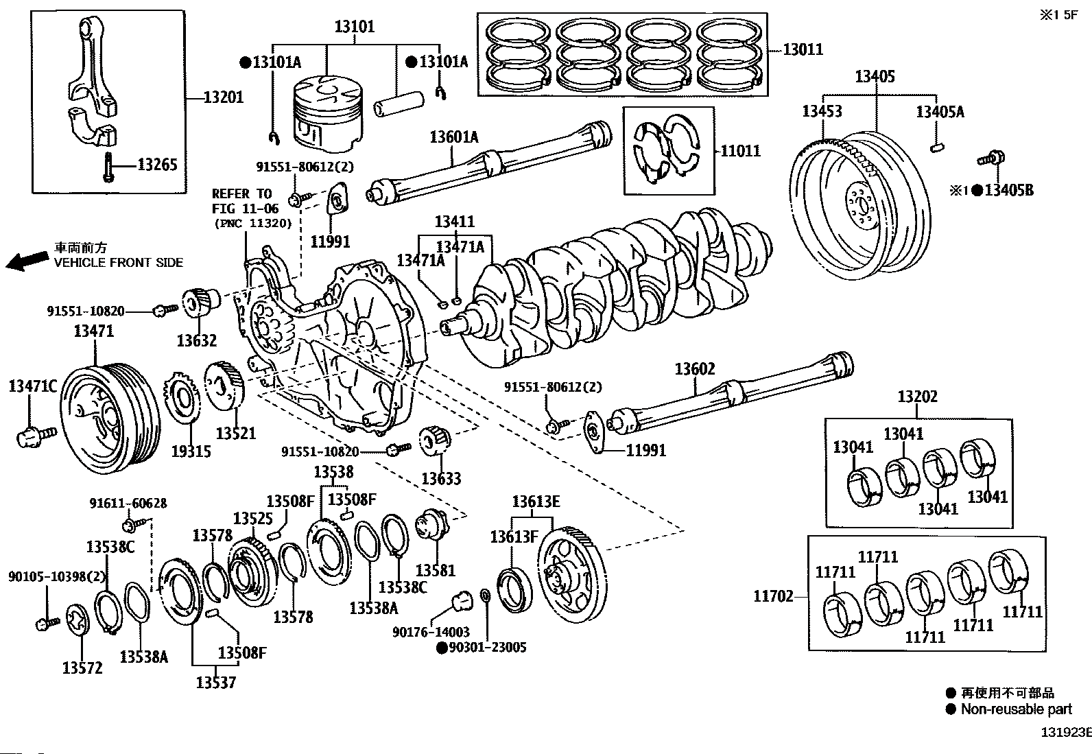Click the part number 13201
coord(224,97)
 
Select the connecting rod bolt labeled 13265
coord(108,167)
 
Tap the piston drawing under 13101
coord(328,113)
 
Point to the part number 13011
coord(803,49)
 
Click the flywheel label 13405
coord(875,77)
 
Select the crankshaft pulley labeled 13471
coord(110,418)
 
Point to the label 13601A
coord(454,137)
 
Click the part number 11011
coord(741,151)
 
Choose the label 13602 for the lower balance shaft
coord(695,368)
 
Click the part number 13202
coord(918,397)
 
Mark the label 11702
coord(774,596)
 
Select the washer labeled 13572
coord(78,620)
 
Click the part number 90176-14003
coord(431,632)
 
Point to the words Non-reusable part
coord(1017,709)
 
